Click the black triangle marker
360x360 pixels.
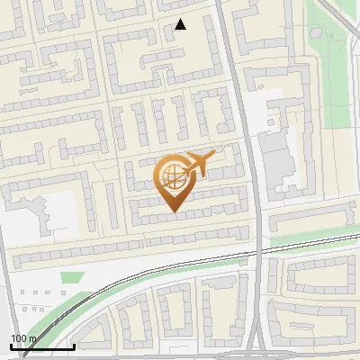click(x=181, y=24)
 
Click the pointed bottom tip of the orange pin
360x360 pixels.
click(x=172, y=211)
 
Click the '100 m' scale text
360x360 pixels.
click(x=24, y=338)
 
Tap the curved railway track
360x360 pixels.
click(x=135, y=282)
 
